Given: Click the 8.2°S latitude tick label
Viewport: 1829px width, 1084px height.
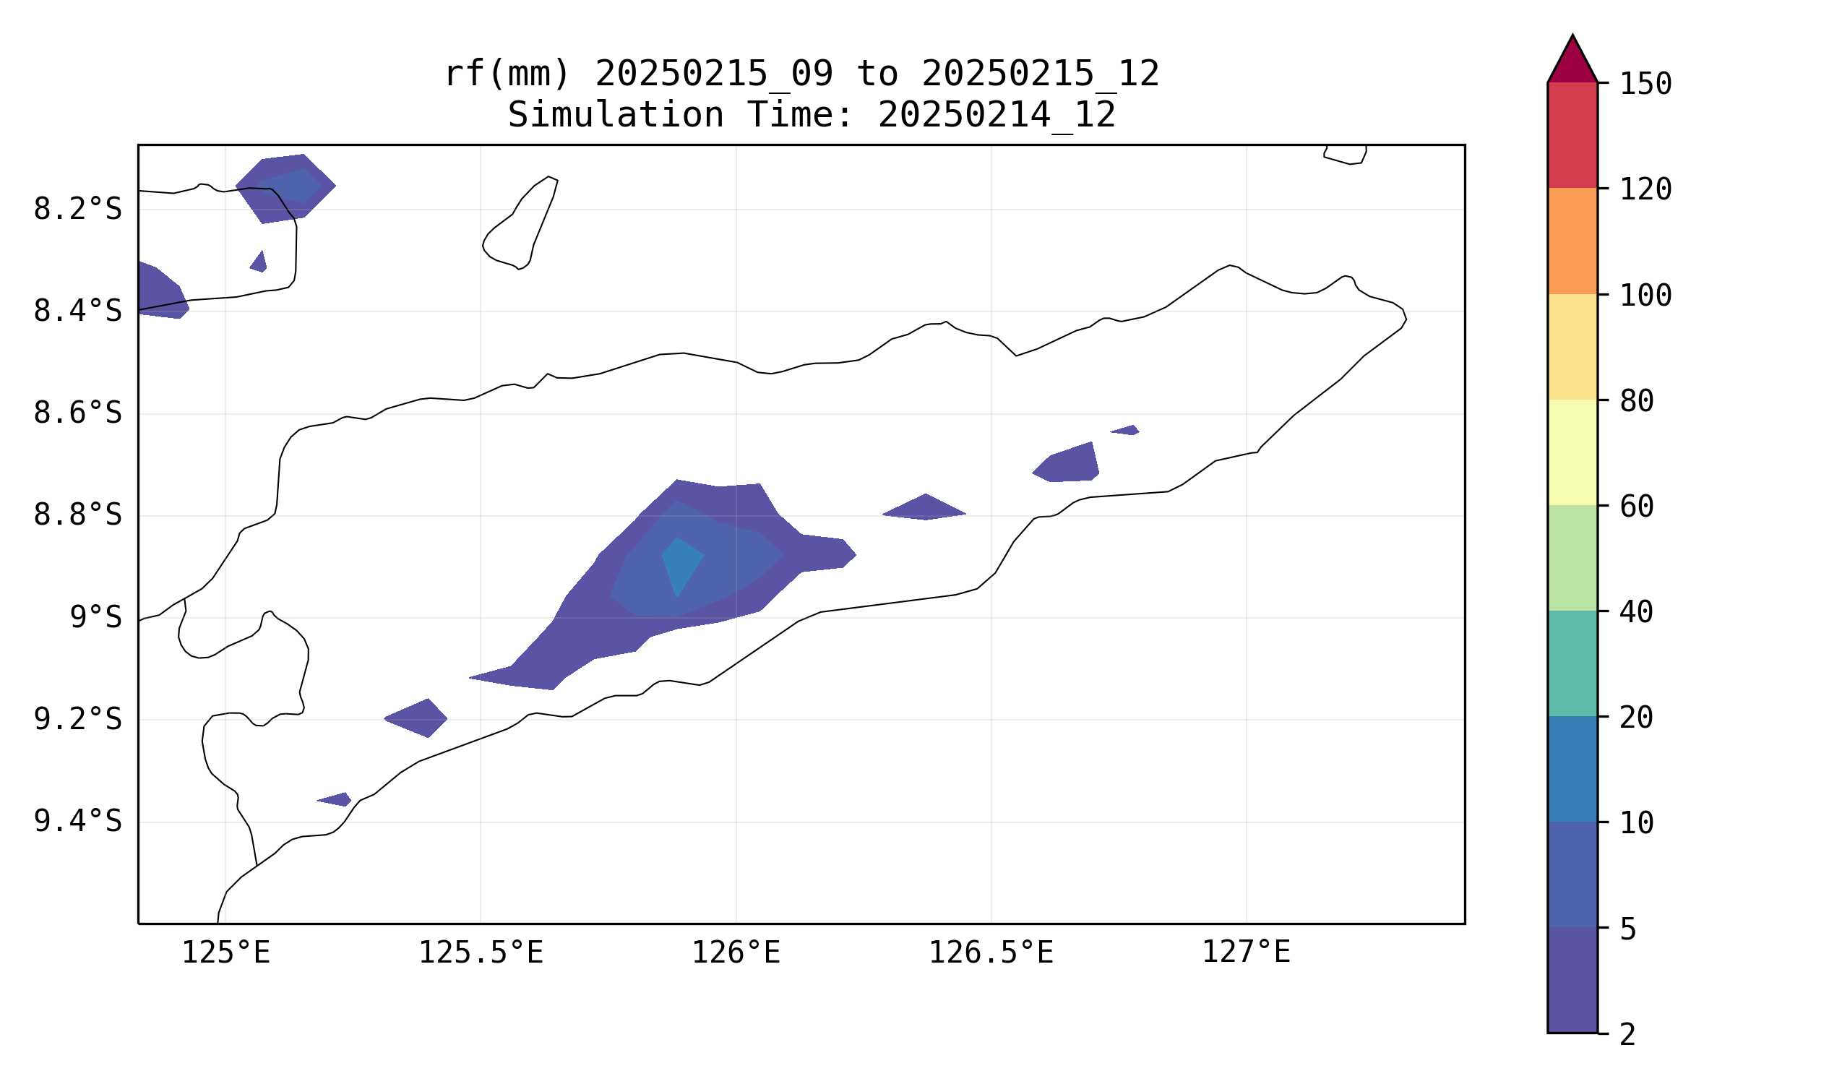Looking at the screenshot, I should coord(77,210).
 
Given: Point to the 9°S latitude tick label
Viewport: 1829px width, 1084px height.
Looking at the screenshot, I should coord(95,618).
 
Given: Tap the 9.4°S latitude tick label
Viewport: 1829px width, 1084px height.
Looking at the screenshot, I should coord(77,822).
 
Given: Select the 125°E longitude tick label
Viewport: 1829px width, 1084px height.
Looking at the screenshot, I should coord(225,953).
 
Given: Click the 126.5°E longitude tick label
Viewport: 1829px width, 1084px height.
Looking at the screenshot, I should coord(991,953).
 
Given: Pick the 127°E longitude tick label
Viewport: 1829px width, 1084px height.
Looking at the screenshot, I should coord(1246,953).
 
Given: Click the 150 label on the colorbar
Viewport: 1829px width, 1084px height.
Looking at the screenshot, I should coord(1645,85).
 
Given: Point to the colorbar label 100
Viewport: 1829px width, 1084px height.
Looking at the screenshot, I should coord(1645,296).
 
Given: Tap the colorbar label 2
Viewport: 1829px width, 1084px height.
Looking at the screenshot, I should coord(1627,1035).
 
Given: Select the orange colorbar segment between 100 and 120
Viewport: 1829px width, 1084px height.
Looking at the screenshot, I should coord(1572,241).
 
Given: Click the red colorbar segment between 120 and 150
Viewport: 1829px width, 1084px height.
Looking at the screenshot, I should coord(1572,135).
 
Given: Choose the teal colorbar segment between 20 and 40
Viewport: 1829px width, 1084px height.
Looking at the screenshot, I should coord(1572,664).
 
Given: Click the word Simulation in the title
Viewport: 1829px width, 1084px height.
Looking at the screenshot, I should coord(615,116).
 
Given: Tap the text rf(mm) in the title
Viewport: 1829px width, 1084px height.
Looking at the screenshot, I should coord(506,74).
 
